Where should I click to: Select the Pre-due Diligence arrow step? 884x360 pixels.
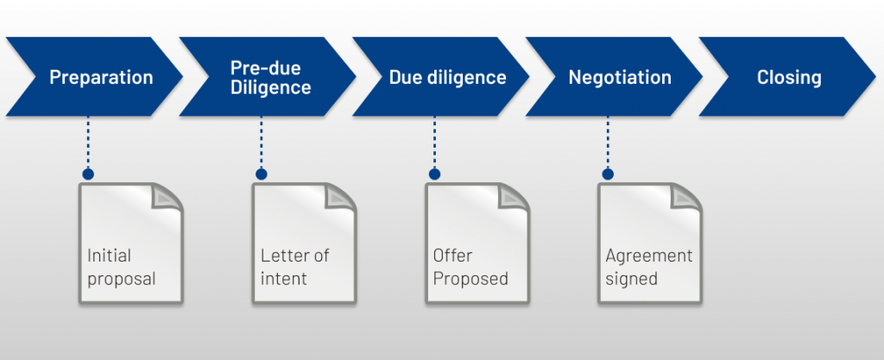point(270,78)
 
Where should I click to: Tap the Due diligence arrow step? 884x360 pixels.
point(446,78)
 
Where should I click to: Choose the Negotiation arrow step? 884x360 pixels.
point(619,78)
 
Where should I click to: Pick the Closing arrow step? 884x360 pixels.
point(788,78)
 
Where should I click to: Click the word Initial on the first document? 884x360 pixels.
point(109,256)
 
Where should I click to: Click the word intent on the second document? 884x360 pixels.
point(284,279)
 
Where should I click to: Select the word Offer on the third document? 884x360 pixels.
point(452,256)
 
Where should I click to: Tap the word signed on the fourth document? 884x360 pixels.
point(631,279)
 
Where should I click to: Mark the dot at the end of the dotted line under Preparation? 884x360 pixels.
point(88,174)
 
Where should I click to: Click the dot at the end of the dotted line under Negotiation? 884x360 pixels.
point(608,174)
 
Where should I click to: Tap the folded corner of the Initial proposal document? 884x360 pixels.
point(167,196)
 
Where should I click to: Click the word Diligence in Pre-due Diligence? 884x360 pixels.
point(270,87)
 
